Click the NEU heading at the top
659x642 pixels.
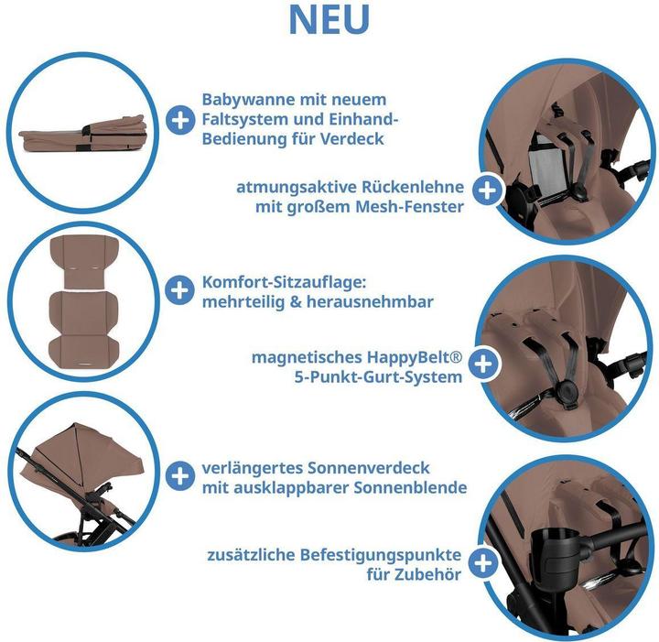(x=329, y=19)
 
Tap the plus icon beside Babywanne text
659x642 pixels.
(x=180, y=120)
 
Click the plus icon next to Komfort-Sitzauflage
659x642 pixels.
(x=179, y=290)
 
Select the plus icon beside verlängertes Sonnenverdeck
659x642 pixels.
(x=180, y=476)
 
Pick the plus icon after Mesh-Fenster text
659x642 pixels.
(x=487, y=190)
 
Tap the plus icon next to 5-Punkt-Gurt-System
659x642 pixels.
(x=483, y=364)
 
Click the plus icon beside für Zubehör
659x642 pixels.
(x=483, y=562)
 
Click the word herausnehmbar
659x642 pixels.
(x=370, y=301)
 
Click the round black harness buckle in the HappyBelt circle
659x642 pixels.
(x=567, y=391)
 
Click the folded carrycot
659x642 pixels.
(x=82, y=134)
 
